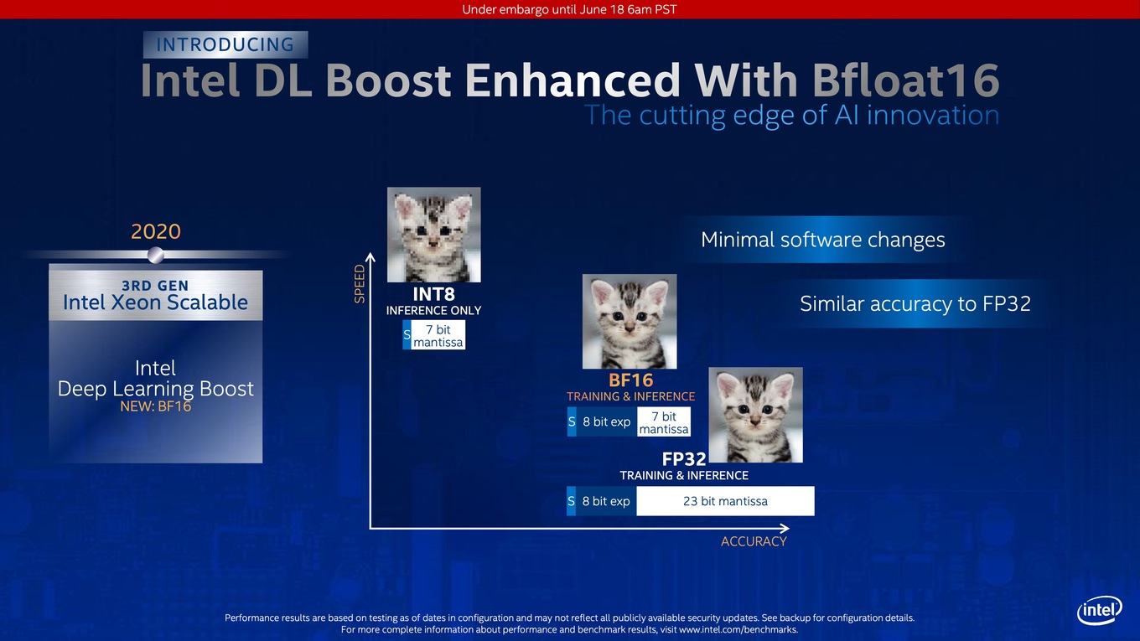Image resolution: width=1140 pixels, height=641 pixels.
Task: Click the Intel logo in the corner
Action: click(1100, 610)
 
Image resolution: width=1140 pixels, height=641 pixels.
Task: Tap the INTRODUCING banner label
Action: click(225, 44)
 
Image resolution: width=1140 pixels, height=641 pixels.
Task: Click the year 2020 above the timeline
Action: click(156, 231)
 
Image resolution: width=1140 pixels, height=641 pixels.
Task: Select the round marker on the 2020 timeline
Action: click(156, 255)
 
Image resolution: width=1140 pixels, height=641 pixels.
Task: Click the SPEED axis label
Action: click(360, 283)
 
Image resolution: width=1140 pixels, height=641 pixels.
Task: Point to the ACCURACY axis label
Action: click(754, 541)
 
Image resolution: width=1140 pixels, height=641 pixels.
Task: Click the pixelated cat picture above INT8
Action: click(433, 235)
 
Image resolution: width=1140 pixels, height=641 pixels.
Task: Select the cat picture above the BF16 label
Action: click(630, 322)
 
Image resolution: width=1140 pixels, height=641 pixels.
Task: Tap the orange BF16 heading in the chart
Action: click(630, 380)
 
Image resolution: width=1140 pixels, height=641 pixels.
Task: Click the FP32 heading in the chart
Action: click(683, 459)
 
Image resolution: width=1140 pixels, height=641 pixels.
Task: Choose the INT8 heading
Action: click(433, 294)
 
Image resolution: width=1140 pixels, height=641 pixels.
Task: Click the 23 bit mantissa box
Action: click(725, 501)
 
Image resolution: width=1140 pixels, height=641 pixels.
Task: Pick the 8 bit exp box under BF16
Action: click(606, 421)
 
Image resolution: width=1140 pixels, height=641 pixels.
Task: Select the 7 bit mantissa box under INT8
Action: click(438, 335)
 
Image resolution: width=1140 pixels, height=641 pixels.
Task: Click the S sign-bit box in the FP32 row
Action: click(571, 501)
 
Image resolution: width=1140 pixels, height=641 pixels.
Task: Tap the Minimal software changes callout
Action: click(823, 240)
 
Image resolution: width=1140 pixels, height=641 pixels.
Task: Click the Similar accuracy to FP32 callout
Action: click(915, 303)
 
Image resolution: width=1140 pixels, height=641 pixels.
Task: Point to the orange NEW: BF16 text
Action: click(156, 406)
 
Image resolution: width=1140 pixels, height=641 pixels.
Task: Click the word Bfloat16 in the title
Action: click(905, 80)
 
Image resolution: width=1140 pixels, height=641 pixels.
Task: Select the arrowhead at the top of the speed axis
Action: click(370, 257)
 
